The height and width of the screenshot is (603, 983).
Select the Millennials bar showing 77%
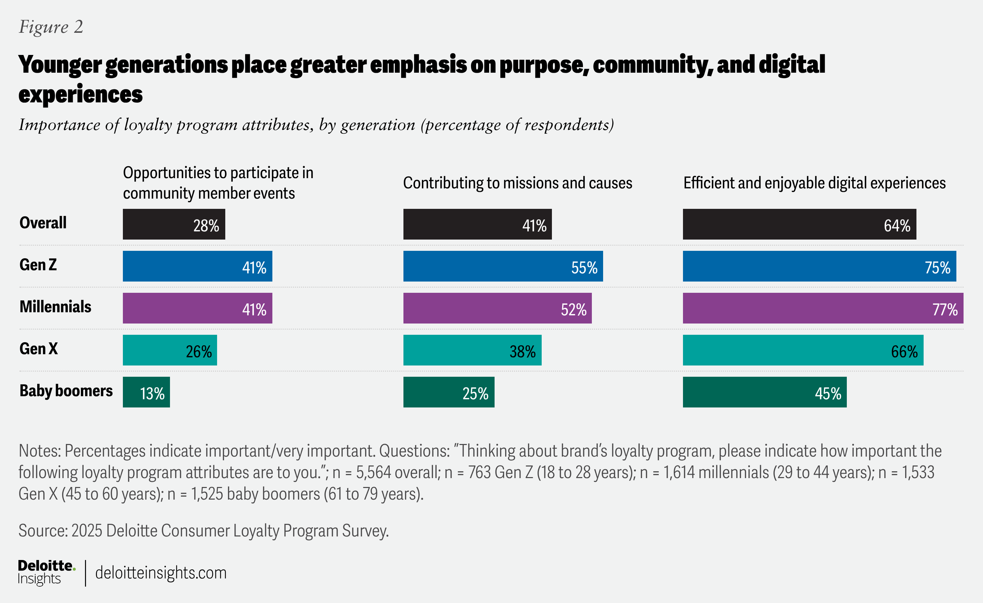pos(823,308)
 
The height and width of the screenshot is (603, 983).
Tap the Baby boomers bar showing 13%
pos(146,392)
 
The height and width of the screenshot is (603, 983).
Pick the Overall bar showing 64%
pos(799,224)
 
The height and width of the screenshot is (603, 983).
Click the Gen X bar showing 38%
pos(472,350)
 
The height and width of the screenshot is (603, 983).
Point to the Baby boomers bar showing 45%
pos(764,392)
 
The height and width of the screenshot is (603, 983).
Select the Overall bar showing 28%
pos(173,224)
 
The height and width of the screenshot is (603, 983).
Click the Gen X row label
pos(39,348)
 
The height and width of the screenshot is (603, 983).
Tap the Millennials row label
pos(55,307)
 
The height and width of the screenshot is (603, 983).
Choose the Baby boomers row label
pos(66,391)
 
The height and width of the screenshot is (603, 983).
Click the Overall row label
pos(43,222)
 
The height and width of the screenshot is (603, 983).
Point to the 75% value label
pos(937,268)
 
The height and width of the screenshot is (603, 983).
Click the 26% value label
pos(199,352)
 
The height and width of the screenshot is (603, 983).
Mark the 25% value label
pos(475,393)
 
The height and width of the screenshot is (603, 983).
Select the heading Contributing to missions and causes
pos(517,183)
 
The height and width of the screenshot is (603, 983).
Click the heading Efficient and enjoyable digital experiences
pos(814,183)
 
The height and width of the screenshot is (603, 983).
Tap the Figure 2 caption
pos(51,27)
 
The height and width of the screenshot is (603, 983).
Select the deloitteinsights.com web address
pos(161,573)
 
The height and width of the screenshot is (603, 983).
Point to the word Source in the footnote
pos(42,531)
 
